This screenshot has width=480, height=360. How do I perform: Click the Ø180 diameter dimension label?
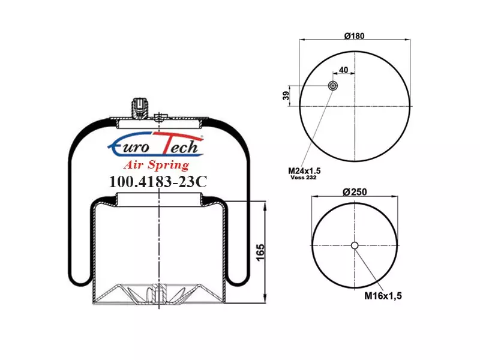(354, 36)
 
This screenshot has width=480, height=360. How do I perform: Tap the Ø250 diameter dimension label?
(355, 192)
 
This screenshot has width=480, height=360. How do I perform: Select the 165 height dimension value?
(260, 253)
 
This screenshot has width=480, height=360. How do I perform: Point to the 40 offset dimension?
(343, 70)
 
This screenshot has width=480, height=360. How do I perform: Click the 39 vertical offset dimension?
(286, 95)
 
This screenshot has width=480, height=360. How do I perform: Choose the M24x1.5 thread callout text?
(304, 170)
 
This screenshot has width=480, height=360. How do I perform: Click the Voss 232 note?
(304, 178)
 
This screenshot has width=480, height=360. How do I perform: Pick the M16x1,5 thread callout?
(383, 296)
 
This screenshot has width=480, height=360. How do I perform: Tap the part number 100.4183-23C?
(158, 182)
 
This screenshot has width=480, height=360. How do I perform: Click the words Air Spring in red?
(157, 165)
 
